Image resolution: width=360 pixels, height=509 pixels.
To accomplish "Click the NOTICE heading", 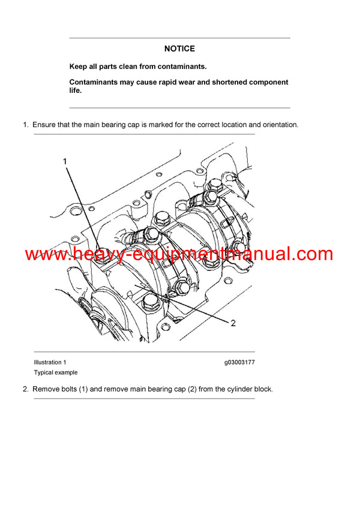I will [x=179, y=49].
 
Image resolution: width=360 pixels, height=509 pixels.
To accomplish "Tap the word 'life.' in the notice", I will [x=76, y=91].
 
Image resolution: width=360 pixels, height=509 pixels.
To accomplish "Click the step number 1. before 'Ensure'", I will [x=26, y=125].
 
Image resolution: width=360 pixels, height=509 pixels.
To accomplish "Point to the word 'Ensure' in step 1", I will [x=44, y=125].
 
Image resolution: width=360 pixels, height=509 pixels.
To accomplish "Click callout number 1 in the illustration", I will [x=65, y=161].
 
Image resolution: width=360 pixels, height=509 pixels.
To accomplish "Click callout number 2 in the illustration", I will [x=233, y=323].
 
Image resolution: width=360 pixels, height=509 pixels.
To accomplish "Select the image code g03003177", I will [x=239, y=362].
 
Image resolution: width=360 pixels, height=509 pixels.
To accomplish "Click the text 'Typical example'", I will [x=56, y=372].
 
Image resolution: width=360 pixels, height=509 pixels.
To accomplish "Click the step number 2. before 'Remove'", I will [x=26, y=389].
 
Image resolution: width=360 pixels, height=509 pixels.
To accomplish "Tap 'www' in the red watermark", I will [x=42, y=254].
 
